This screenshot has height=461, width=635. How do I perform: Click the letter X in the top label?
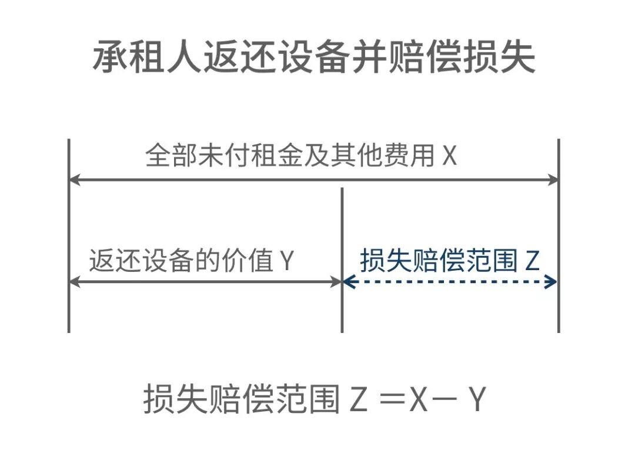[x=449, y=157]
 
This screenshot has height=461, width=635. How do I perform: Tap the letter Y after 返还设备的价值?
[x=286, y=261]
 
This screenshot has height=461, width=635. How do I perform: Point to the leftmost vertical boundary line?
[x=69, y=235]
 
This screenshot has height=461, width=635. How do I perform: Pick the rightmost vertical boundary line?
[x=558, y=235]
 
